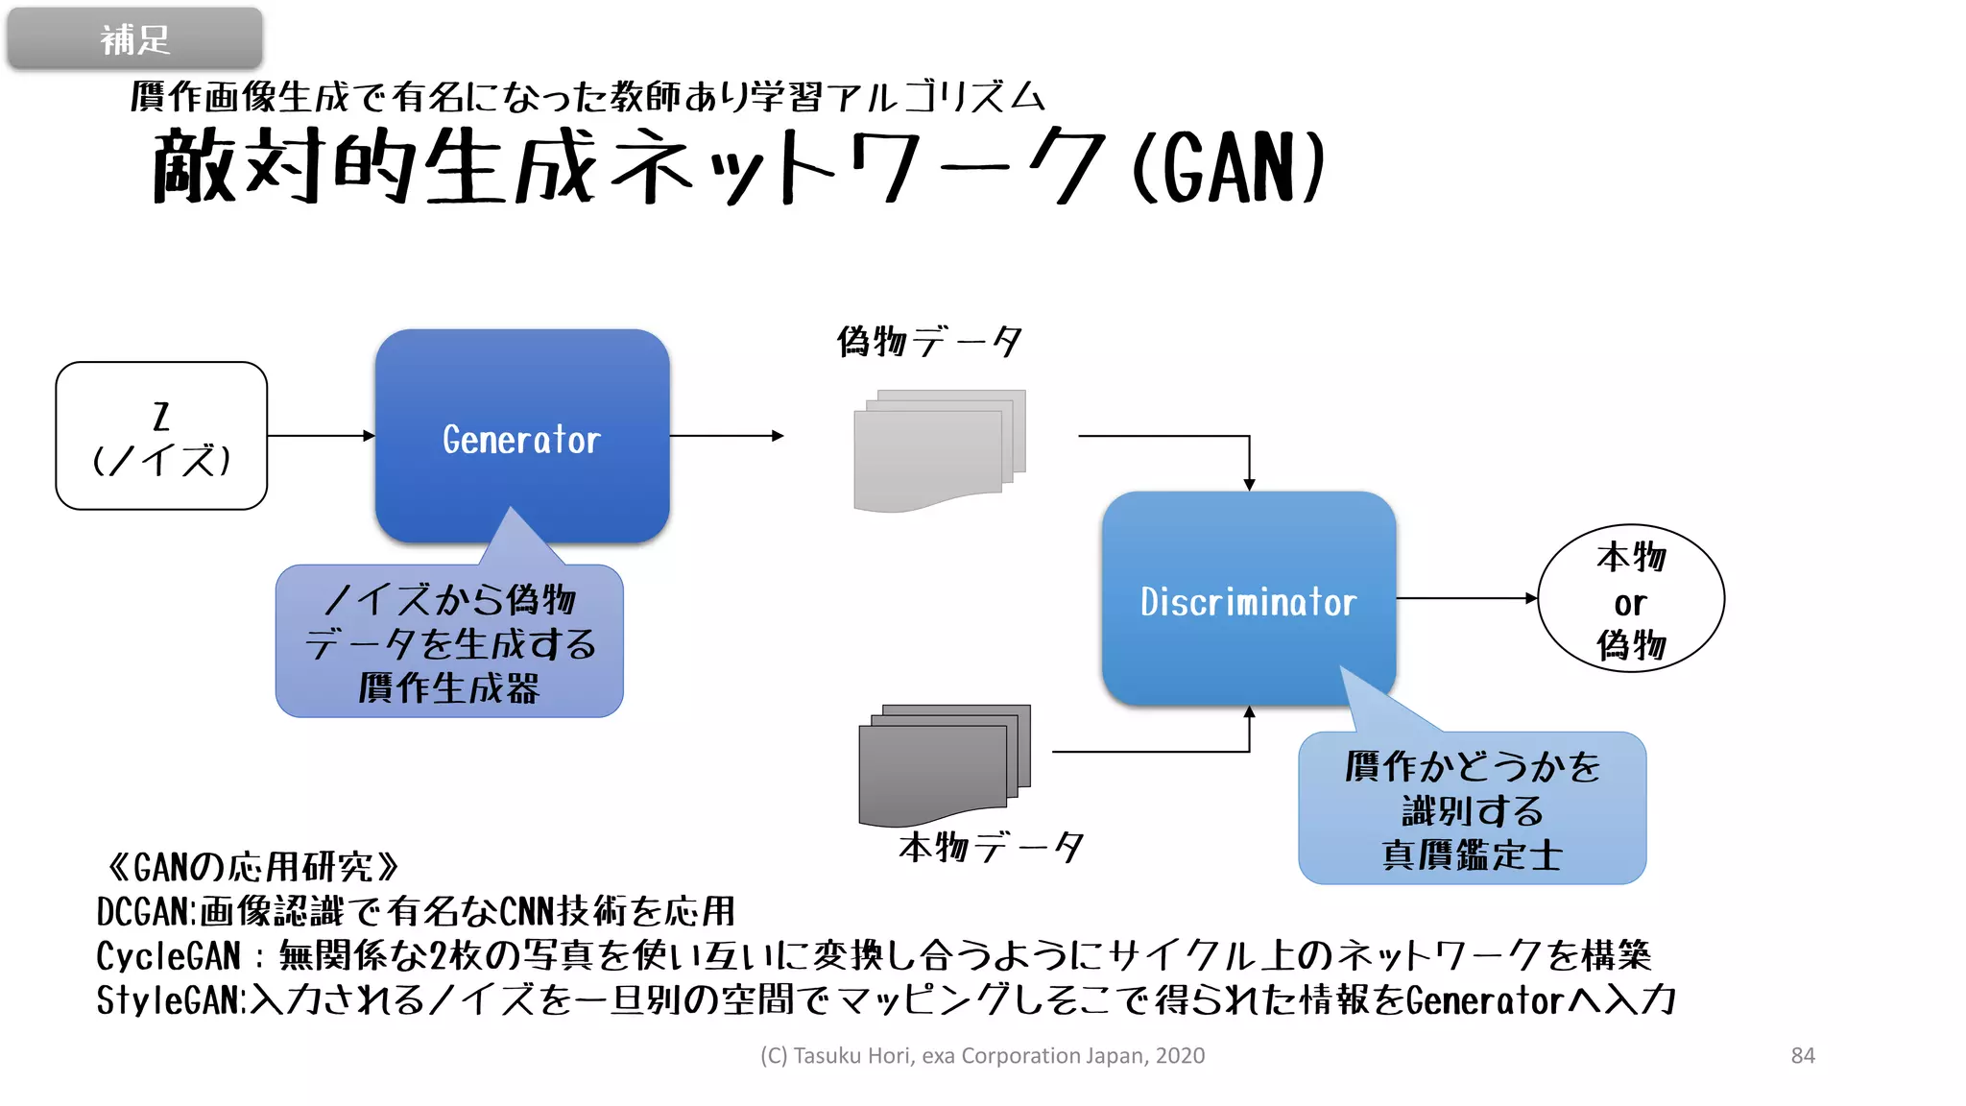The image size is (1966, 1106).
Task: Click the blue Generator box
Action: pos(521,437)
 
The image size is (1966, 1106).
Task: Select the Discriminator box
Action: pos(1248,600)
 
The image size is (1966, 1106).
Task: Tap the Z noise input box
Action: pos(161,436)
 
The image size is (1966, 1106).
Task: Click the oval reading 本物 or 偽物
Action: pos(1630,599)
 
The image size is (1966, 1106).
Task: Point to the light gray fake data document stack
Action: pos(939,449)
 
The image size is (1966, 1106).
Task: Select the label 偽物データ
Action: pos(928,342)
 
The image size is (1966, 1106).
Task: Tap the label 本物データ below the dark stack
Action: pos(991,847)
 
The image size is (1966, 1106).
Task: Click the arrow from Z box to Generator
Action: pos(321,436)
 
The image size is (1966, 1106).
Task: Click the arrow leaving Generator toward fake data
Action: pos(726,436)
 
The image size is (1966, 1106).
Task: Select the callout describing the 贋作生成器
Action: pos(449,642)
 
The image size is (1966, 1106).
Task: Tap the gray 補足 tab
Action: pos(134,39)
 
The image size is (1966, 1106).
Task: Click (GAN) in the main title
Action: pos(1229,168)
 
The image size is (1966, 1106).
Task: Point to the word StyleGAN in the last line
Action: pos(168,1000)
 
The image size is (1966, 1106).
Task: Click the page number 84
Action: pos(1802,1055)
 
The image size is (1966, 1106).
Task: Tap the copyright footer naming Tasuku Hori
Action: pos(982,1055)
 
